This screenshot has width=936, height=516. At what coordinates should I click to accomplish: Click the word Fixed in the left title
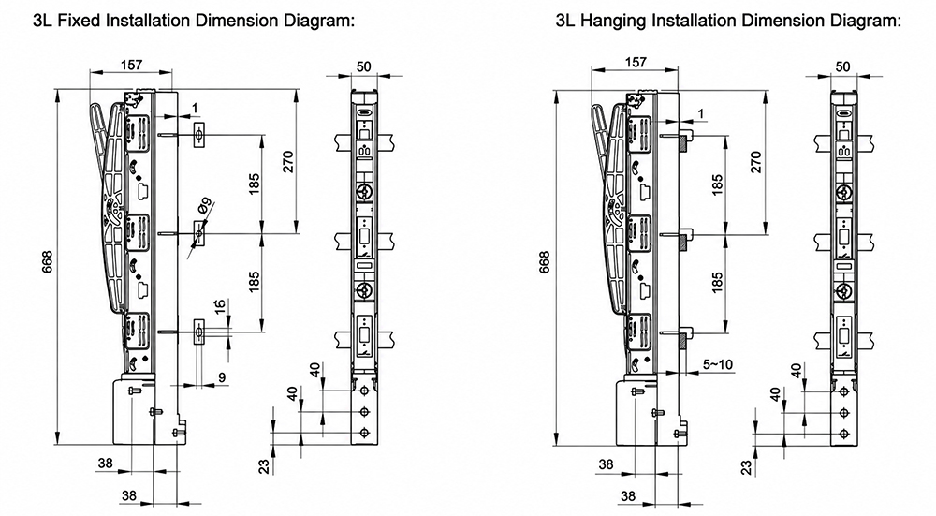[x=82, y=21]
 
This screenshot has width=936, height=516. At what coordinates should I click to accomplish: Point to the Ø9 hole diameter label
[x=205, y=207]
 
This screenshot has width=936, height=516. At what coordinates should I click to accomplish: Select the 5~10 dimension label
[x=718, y=363]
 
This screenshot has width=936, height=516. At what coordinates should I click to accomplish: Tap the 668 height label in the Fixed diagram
[x=47, y=261]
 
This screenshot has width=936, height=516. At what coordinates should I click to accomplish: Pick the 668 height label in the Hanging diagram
[x=544, y=261]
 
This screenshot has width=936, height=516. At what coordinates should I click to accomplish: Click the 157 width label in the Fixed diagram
[x=131, y=65]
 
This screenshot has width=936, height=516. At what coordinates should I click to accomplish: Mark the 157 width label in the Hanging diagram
[x=636, y=62]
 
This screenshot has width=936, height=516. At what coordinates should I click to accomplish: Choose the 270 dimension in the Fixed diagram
[x=287, y=162]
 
